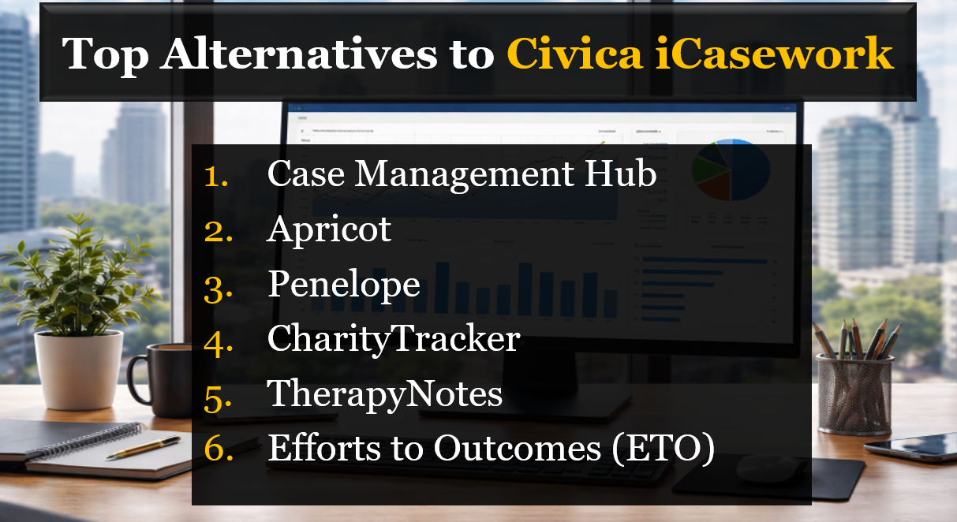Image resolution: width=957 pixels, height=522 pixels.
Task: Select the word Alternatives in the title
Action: click(x=314, y=54)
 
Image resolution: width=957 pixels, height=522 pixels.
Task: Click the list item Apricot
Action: click(x=329, y=229)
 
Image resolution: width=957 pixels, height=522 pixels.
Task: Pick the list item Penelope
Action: click(x=343, y=285)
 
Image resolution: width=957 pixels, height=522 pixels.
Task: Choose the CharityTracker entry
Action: click(x=394, y=339)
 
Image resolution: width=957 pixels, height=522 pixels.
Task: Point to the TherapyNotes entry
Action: click(x=385, y=393)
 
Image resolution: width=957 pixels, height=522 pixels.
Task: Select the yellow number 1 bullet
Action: click(x=216, y=176)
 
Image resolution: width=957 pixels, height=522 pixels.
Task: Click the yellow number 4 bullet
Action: click(x=215, y=340)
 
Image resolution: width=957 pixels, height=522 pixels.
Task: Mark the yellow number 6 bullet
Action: click(x=215, y=449)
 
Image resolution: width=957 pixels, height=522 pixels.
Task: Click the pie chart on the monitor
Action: click(x=732, y=169)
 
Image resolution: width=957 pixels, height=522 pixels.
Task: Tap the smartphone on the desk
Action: click(x=910, y=446)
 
